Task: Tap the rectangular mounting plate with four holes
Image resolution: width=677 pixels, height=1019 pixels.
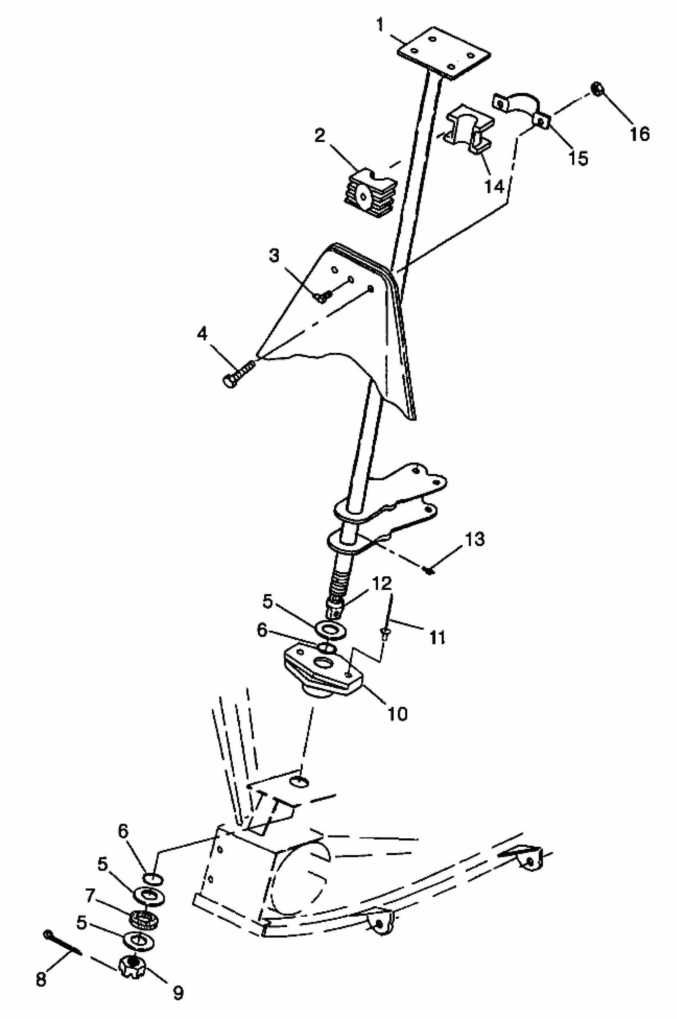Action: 443,53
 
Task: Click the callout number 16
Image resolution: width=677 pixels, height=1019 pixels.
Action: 640,134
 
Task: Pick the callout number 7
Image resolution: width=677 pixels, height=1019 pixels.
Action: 90,896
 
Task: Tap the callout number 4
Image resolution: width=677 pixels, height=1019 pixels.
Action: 202,334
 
